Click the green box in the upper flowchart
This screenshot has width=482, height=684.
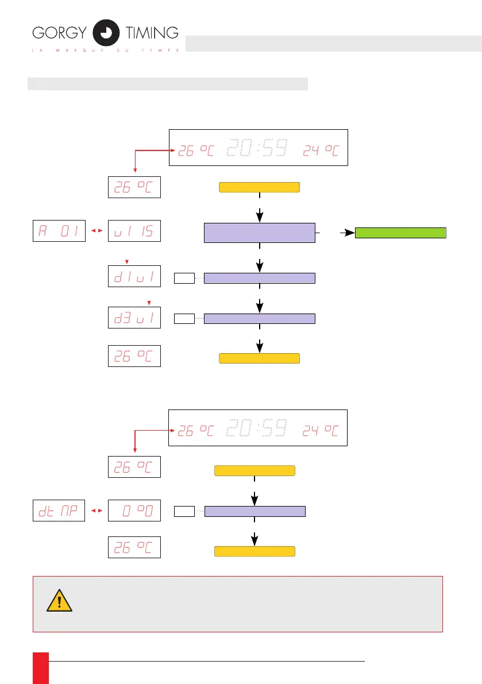pyautogui.click(x=401, y=233)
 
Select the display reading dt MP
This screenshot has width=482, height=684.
pyautogui.click(x=59, y=510)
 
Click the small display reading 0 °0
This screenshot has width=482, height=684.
pyautogui.click(x=134, y=510)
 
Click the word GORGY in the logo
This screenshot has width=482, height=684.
pyautogui.click(x=59, y=33)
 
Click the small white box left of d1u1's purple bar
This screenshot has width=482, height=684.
pyautogui.click(x=184, y=279)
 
